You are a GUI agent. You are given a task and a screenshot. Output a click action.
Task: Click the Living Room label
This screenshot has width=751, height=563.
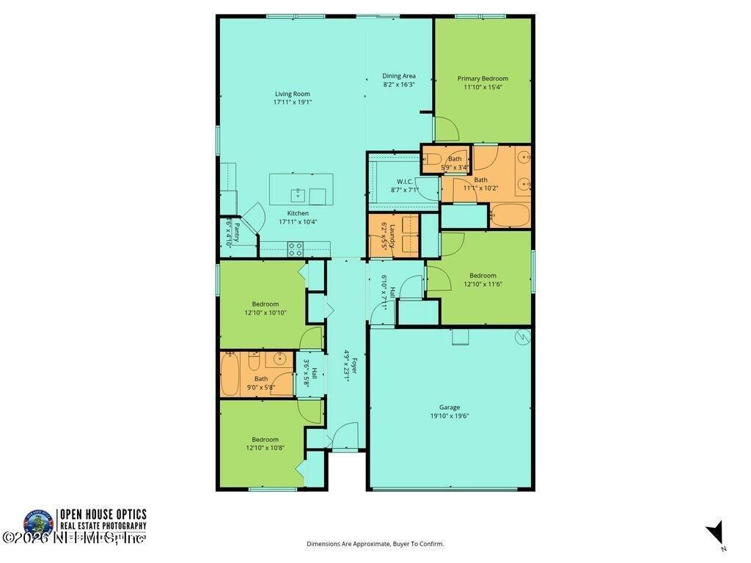pos(292,94)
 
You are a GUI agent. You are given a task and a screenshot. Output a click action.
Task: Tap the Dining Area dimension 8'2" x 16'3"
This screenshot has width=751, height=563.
pos(399,84)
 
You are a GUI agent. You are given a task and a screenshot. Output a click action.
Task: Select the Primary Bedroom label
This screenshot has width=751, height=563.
pos(483,78)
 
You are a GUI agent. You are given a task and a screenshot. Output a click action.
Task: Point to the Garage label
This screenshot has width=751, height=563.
pos(450,407)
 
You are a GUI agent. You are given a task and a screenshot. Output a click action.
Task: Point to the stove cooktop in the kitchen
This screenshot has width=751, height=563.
pos(295,250)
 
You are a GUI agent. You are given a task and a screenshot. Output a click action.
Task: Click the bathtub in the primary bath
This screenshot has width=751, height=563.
pos(509,216)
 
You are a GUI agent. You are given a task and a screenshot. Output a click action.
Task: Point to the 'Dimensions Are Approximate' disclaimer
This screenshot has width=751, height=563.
pos(375,544)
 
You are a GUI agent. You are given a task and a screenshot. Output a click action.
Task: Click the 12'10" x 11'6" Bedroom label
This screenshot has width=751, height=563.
pos(483,276)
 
